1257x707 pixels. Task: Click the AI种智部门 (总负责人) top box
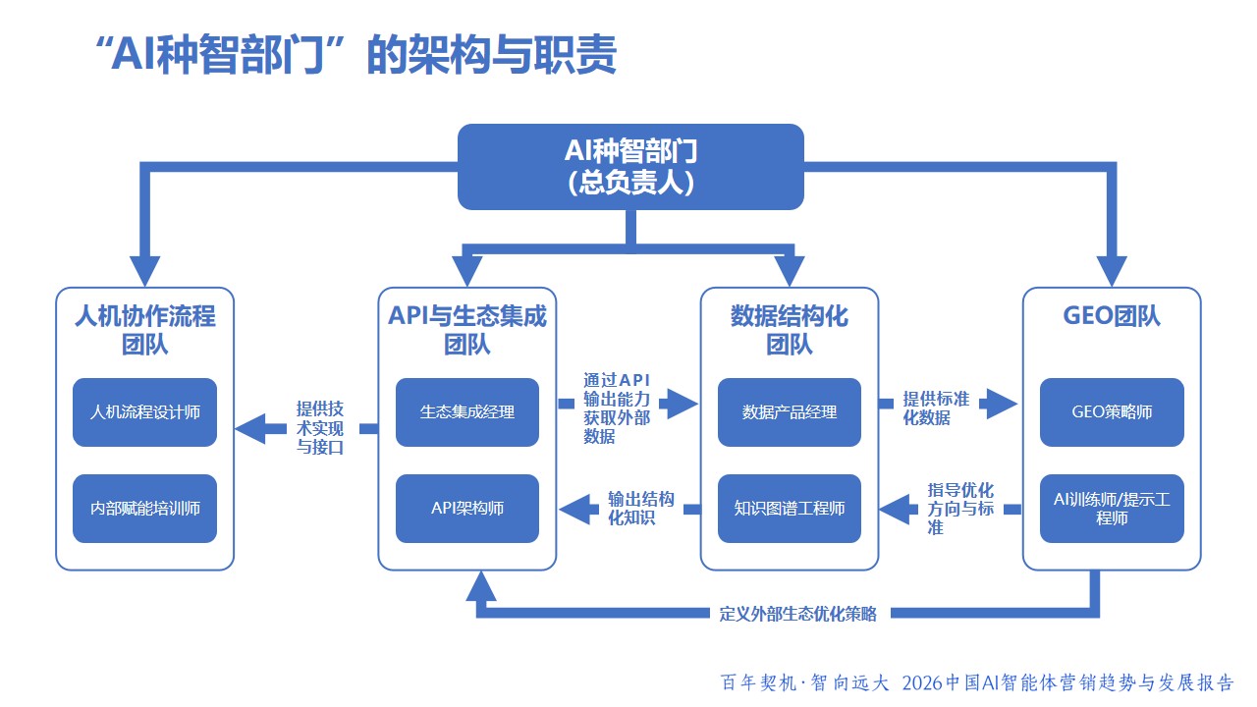[630, 166]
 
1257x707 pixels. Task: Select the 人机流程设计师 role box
[144, 412]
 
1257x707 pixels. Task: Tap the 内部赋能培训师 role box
[144, 509]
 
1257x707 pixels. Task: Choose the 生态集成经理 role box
[467, 412]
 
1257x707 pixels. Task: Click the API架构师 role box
[467, 509]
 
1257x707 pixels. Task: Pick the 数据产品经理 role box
[790, 412]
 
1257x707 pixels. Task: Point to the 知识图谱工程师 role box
[790, 509]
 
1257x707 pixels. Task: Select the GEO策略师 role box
[1112, 412]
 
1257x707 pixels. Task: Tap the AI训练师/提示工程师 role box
[1112, 509]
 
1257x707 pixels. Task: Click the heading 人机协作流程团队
[144, 330]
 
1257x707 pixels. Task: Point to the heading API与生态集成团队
[467, 330]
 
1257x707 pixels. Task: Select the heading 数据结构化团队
[790, 330]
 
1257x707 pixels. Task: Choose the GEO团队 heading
[1112, 317]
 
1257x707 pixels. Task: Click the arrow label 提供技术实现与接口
[321, 428]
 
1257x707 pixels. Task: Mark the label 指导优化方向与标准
[960, 509]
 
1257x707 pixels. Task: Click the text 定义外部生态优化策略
[797, 614]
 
